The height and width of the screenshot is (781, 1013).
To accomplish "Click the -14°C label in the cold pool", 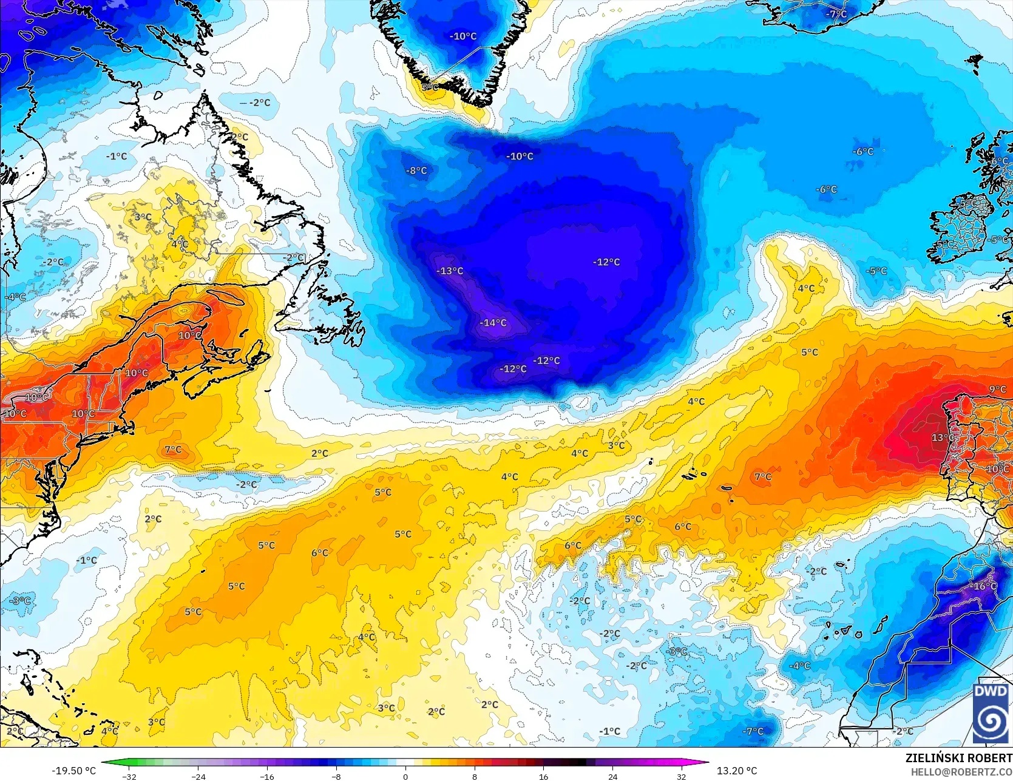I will pyautogui.click(x=493, y=323).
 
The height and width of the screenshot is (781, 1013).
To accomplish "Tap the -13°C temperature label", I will pyautogui.click(x=450, y=271).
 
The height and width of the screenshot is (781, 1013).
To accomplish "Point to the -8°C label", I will pyautogui.click(x=416, y=171).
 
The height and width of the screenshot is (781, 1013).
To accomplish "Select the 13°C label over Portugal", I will pyautogui.click(x=943, y=438).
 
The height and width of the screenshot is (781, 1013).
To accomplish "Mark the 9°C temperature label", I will pyautogui.click(x=997, y=389).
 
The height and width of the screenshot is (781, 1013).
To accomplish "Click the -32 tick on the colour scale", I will pyautogui.click(x=129, y=776).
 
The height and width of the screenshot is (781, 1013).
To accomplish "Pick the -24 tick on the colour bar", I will pyautogui.click(x=198, y=776).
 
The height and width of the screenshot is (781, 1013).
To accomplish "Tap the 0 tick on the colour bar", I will pyautogui.click(x=405, y=776).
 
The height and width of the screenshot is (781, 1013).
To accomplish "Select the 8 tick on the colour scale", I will pyautogui.click(x=475, y=776).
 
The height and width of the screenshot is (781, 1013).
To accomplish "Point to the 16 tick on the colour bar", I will pyautogui.click(x=543, y=776).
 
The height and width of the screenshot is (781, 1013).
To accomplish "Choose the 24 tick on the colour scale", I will pyautogui.click(x=612, y=776).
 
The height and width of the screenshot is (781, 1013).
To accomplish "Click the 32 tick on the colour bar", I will pyautogui.click(x=682, y=776).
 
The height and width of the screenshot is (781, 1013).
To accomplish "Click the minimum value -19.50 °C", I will pyautogui.click(x=73, y=771).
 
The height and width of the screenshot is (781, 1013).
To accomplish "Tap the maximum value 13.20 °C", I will pyautogui.click(x=737, y=771).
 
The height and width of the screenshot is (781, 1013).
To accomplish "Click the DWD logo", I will pyautogui.click(x=991, y=713).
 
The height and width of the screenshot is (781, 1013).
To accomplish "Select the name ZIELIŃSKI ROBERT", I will pyautogui.click(x=958, y=758).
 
